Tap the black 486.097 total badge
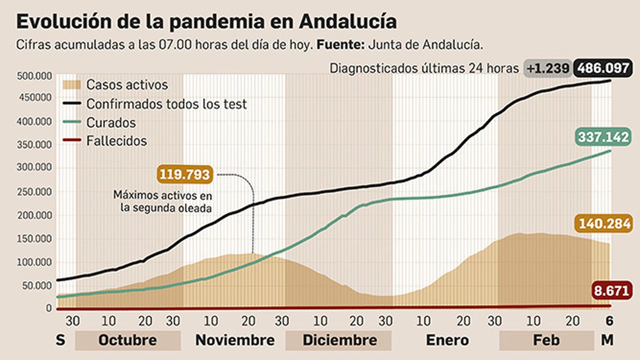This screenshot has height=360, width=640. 603,68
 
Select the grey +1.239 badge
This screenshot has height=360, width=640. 548,68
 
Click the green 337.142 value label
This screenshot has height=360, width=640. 604,137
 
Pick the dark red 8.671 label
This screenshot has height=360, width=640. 612,290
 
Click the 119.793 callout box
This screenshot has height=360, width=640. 184,174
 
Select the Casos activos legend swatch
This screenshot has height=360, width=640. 72,85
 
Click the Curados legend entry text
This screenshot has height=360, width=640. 111,123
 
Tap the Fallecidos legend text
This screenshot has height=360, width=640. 116,141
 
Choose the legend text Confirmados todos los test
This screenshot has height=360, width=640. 166,104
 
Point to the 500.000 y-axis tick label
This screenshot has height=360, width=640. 34,76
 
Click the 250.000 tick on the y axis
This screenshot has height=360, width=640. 34,192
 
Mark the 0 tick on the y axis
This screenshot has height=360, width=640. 49,308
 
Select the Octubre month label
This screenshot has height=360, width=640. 128,340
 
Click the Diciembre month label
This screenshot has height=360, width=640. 340,340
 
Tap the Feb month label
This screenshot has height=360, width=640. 546,340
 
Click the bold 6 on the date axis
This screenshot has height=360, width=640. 609,321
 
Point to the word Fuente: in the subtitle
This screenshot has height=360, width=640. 340,45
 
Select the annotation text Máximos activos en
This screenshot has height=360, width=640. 162,195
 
